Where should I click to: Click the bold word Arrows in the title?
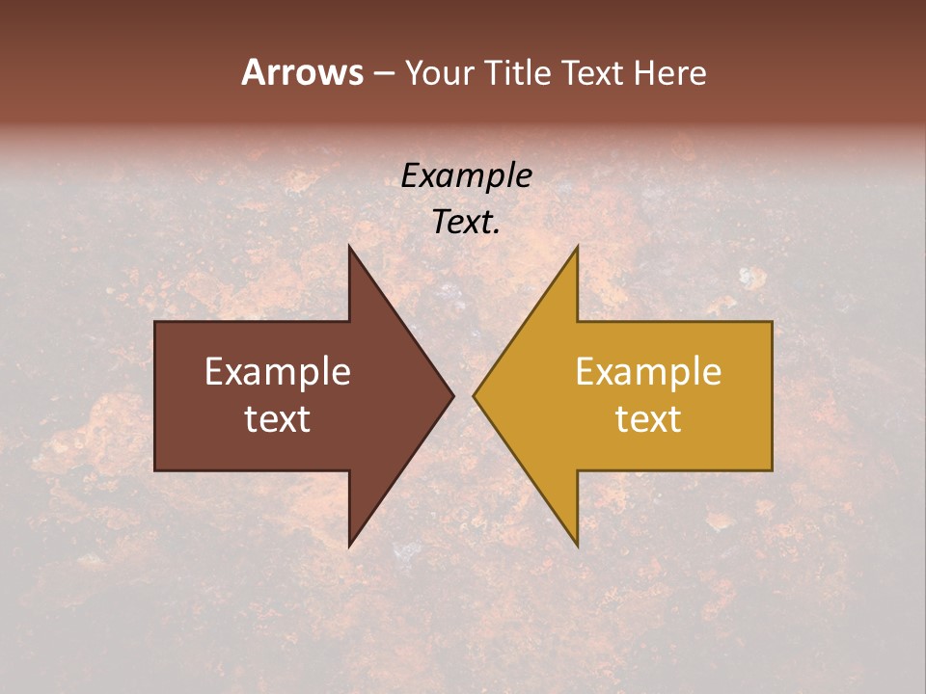(302, 72)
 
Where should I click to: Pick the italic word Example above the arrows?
(466, 176)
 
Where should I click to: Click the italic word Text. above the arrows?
(466, 223)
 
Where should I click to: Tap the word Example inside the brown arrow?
(277, 371)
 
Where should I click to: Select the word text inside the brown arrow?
(277, 418)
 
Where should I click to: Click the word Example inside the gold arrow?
(648, 371)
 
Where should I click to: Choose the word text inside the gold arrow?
(648, 418)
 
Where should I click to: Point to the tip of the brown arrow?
(452, 395)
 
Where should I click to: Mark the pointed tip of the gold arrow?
(475, 395)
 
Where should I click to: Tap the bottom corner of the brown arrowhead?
(349, 546)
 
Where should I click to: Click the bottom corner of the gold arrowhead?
(577, 546)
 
